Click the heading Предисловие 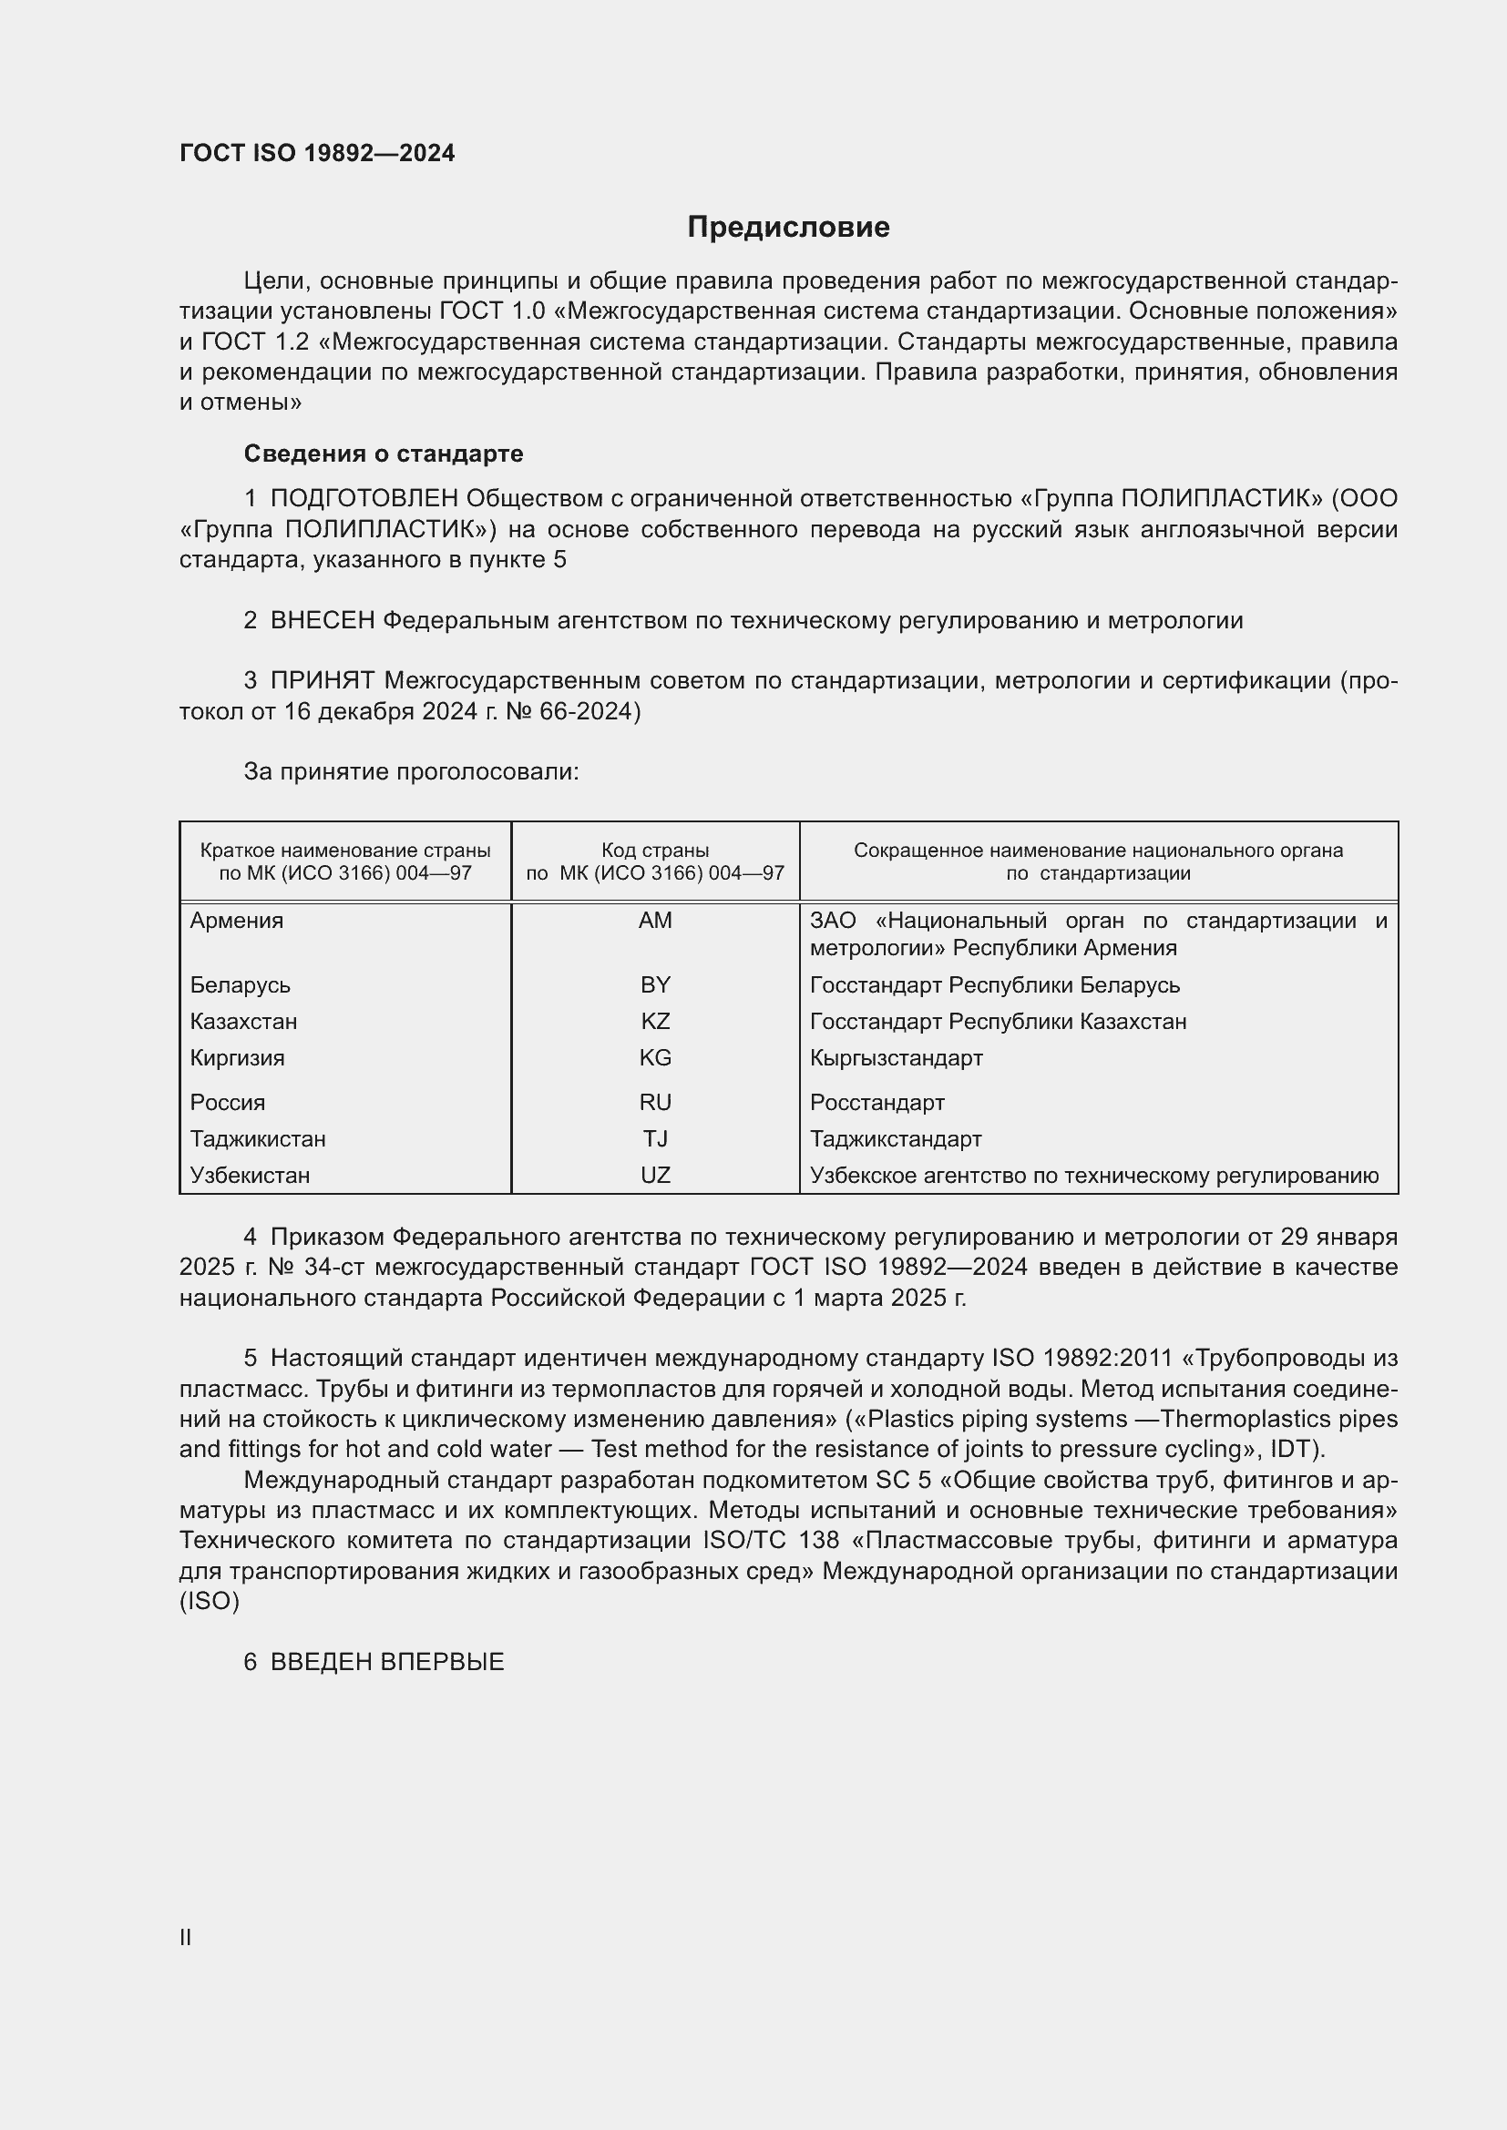pos(788,228)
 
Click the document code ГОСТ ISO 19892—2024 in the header pos(316,153)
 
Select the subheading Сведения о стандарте pos(384,454)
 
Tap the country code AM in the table pos(655,921)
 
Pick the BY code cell pos(655,984)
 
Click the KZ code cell pos(655,1022)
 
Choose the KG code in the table pos(655,1057)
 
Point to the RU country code pos(655,1102)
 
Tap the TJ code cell pos(655,1138)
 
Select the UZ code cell pos(655,1176)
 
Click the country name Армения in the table pos(237,921)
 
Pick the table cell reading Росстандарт pos(877,1102)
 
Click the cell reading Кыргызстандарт pos(897,1057)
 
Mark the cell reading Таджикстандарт pos(896,1138)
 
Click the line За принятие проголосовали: pos(411,772)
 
